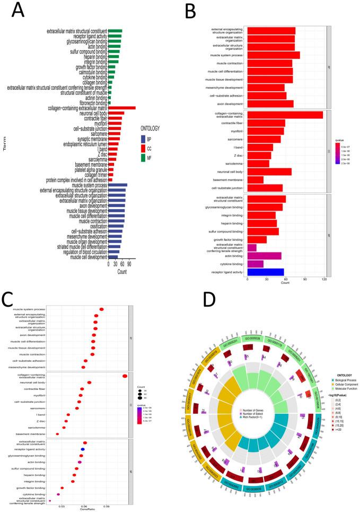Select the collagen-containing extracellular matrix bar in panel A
pos(122,108)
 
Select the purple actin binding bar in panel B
pos(264,256)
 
